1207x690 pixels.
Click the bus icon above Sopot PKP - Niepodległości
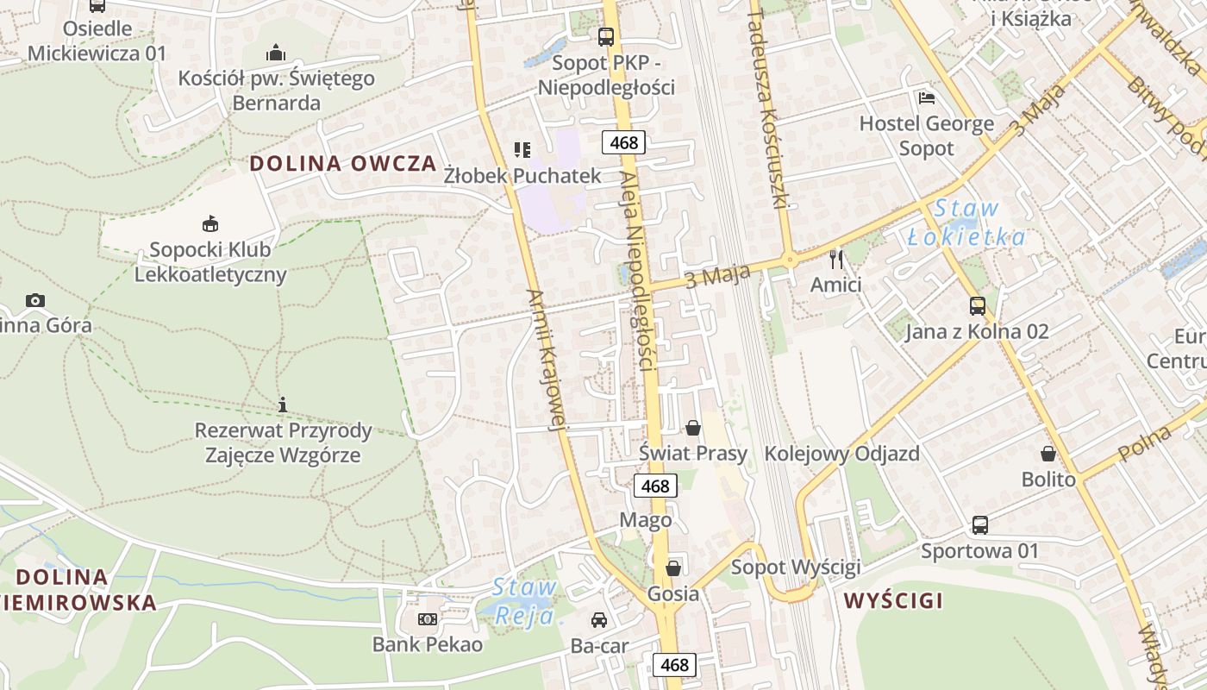coord(606,37)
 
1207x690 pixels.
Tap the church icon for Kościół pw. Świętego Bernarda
coord(276,53)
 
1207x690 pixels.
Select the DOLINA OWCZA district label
coord(343,164)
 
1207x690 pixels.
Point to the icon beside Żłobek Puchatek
coord(522,151)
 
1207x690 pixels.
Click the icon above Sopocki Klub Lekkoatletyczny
coord(210,224)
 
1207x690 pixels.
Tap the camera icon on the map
coord(35,300)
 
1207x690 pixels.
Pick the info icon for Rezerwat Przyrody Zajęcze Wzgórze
coord(283,404)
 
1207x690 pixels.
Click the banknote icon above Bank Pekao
coord(428,618)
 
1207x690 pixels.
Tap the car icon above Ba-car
coord(599,619)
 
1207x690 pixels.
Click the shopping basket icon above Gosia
coord(673,568)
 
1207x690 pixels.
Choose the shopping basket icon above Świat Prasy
coord(693,427)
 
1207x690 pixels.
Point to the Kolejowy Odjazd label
coord(841,453)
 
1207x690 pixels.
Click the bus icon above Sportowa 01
coord(980,524)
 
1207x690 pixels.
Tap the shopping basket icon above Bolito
coord(1048,453)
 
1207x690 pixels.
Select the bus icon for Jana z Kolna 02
coord(977,305)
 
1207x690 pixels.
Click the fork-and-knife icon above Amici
coord(835,259)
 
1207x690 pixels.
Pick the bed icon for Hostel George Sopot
coord(927,97)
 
